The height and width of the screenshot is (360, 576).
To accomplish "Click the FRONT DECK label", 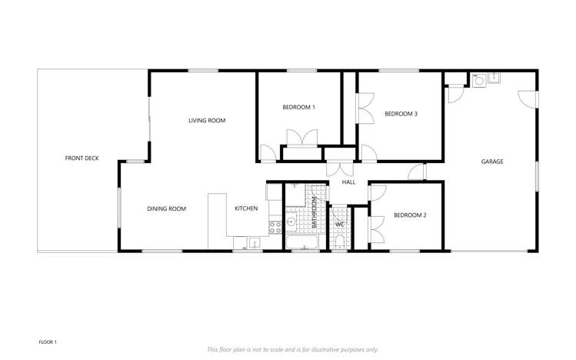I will point(82,158).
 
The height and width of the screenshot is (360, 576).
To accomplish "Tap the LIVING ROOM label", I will point(207,121).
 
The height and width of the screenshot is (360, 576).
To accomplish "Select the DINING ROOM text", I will point(167,208).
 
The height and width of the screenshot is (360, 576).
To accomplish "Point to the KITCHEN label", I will point(246,208).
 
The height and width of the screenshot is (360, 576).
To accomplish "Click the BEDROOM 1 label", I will point(298,108).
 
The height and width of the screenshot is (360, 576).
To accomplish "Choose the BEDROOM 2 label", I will point(410,215).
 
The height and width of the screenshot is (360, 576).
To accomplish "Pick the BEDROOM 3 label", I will point(401,114).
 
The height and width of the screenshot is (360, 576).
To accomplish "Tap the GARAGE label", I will point(492,162).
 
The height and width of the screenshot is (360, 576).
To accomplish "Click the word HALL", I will point(348,182).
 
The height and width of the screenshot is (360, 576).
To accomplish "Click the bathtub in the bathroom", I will point(302,244).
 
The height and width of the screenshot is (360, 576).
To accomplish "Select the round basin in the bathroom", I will point(291,223).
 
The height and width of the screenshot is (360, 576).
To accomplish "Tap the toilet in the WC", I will point(339,244).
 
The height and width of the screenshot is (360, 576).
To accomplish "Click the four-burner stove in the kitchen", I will point(275,227).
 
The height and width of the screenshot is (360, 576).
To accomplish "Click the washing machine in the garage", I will point(480,79).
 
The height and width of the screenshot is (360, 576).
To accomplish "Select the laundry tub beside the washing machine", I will point(494,78).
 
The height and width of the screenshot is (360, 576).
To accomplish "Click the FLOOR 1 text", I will point(48,342).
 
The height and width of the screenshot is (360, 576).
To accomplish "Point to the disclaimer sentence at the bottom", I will point(292,349).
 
